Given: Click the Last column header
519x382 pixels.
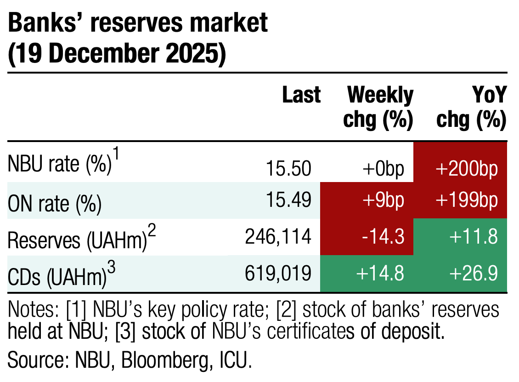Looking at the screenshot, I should [301, 95].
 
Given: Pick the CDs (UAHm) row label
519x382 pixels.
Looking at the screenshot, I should [58, 274].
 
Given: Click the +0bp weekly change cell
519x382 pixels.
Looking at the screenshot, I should [382, 169].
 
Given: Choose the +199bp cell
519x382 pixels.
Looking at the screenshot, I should [460, 201].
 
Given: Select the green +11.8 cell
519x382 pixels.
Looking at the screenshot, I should [460, 237].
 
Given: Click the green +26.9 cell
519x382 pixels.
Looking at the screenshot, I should [460, 274].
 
